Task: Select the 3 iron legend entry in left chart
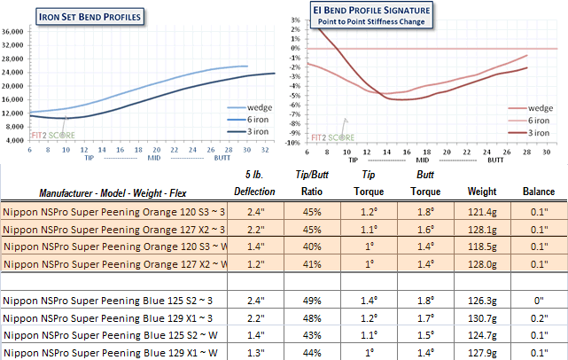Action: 242,135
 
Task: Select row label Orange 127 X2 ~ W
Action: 115,263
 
